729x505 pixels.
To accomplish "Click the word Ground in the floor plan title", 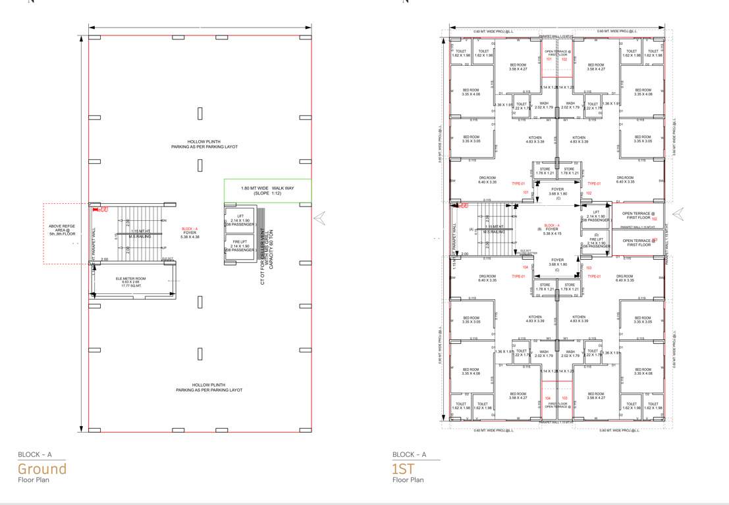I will pos(42,469).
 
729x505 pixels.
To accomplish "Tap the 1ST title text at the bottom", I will pos(404,469).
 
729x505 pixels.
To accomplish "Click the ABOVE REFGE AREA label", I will pos(64,231).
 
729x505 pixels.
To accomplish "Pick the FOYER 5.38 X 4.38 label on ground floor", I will pos(190,234).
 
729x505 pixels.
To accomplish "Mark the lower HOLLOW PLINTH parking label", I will pos(209,387).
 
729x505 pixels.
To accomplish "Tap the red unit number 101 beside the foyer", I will pos(526,193).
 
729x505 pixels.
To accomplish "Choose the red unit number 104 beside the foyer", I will pos(526,268).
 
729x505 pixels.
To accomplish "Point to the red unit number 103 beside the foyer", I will pos(589,268).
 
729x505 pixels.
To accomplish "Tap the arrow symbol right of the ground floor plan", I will pos(320,219).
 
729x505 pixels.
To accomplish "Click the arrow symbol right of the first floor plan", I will pos(678,214).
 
